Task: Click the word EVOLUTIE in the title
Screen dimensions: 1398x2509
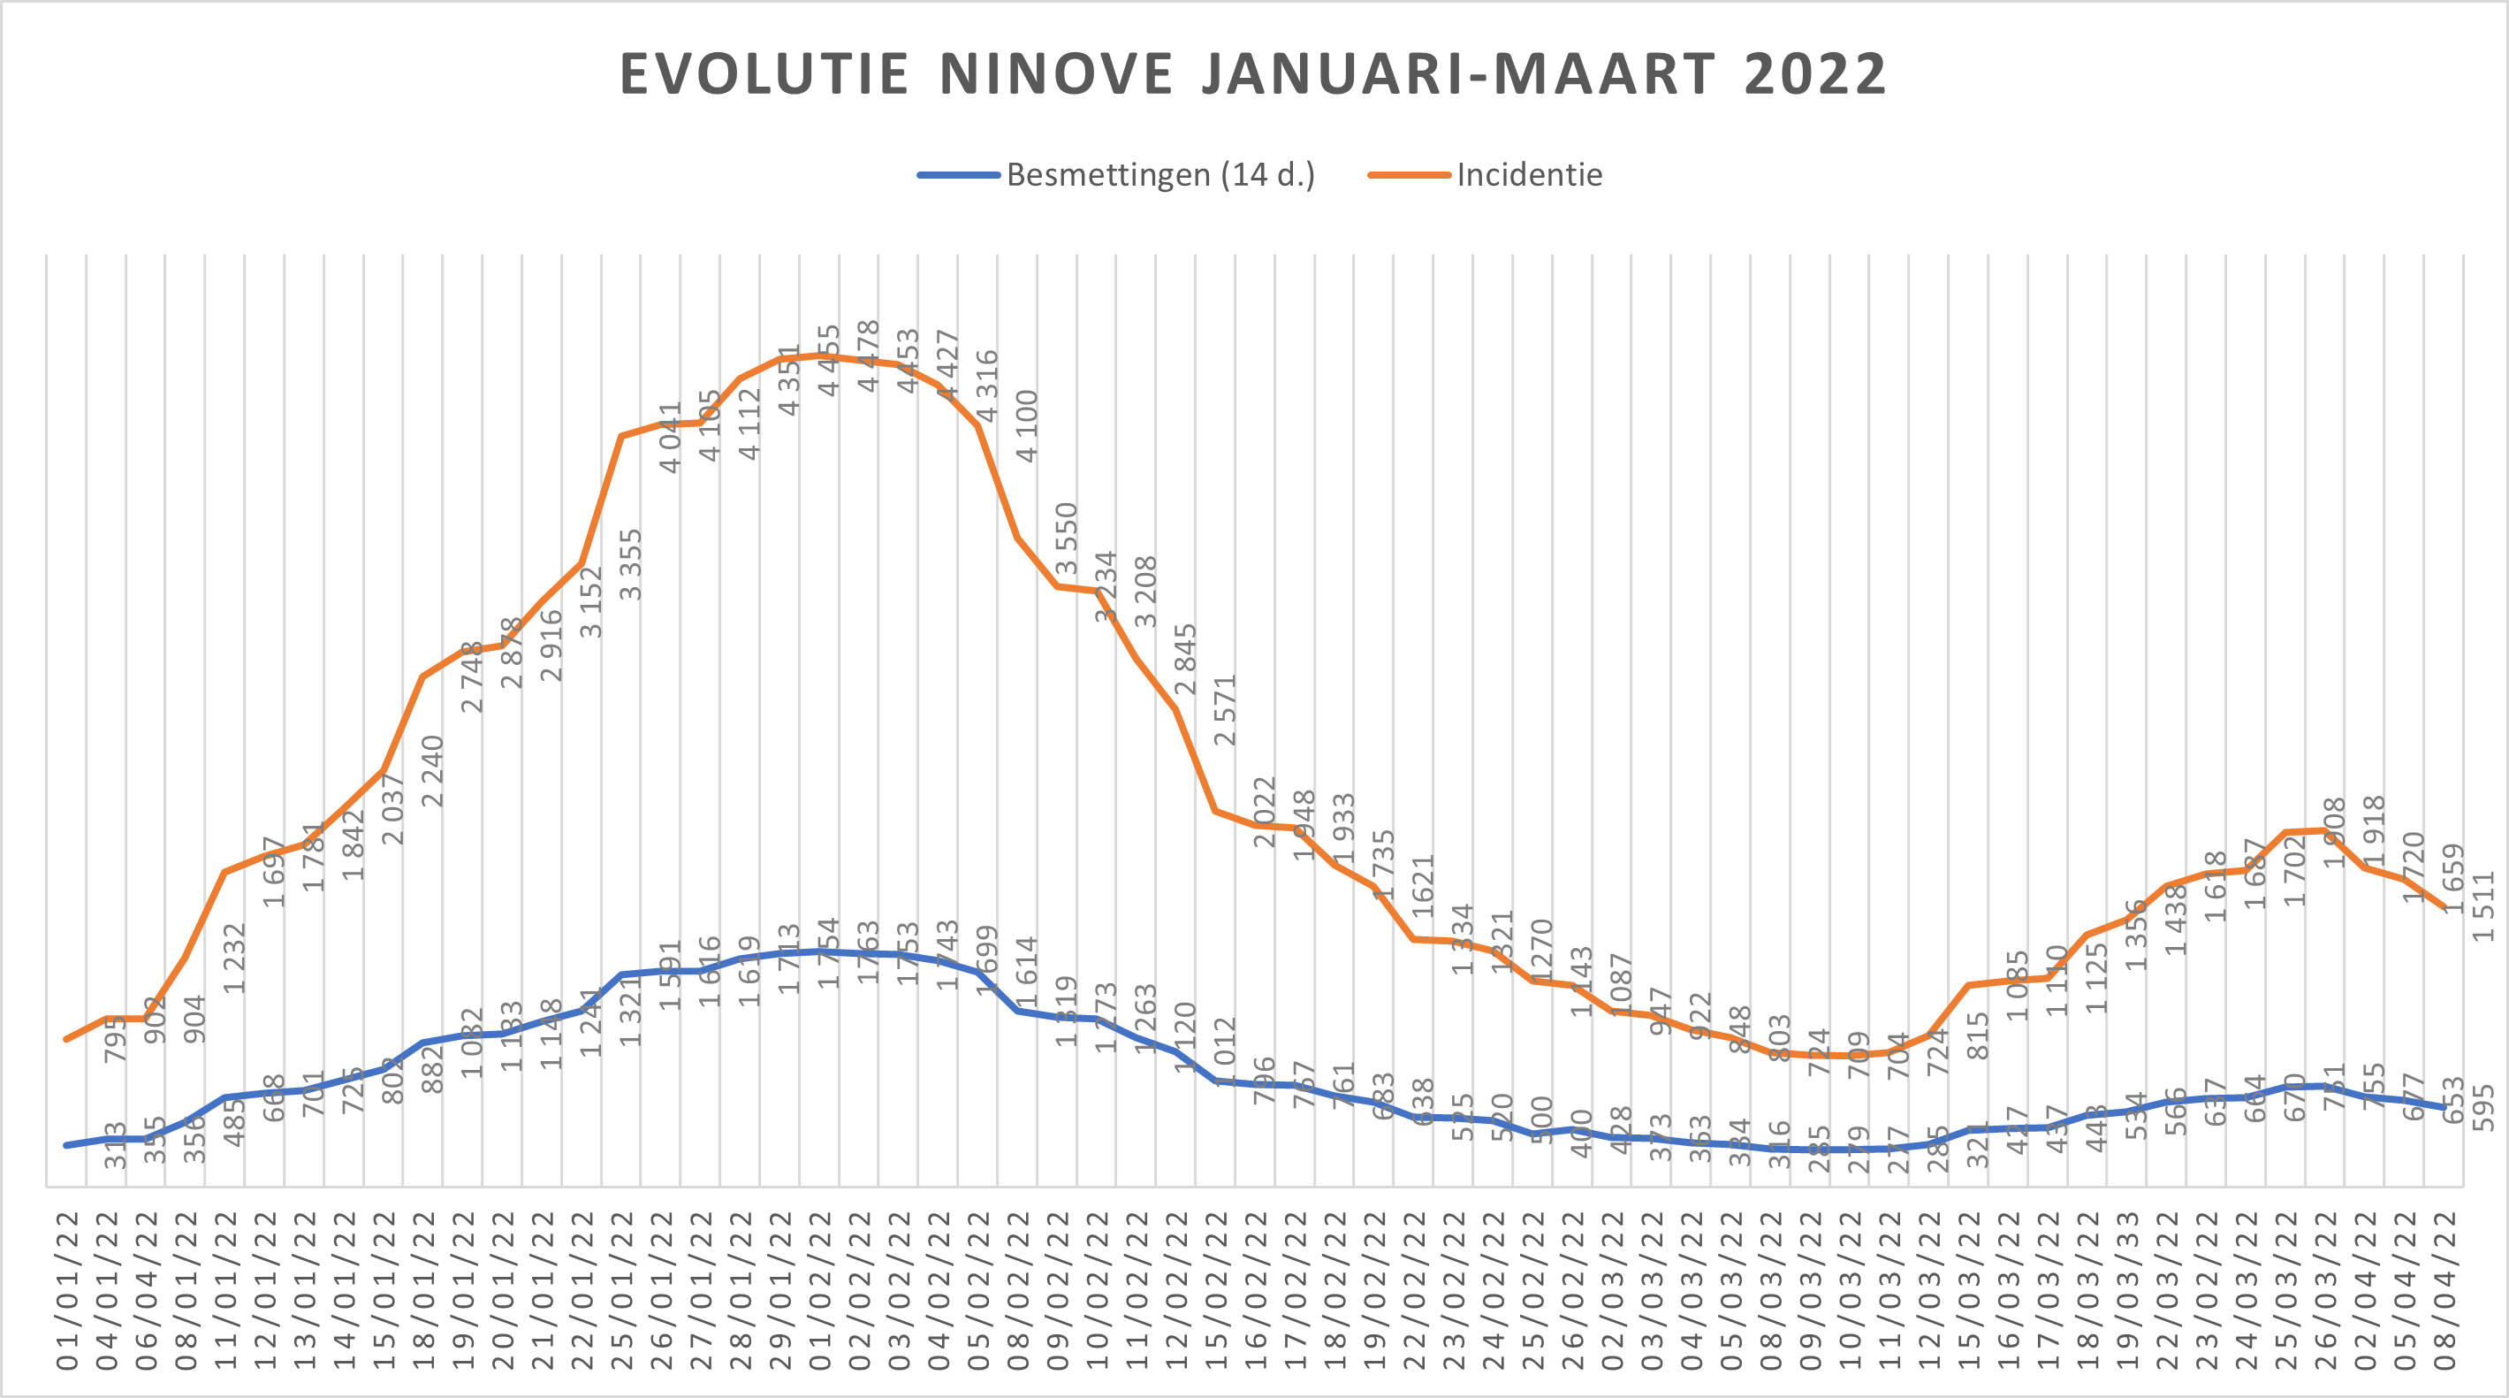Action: click(x=764, y=74)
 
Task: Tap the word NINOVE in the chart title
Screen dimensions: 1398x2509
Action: click(x=1056, y=74)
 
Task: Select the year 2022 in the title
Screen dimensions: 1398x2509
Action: click(x=1815, y=74)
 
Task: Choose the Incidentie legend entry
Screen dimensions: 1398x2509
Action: click(x=1529, y=175)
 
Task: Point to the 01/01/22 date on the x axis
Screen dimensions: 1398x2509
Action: click(x=67, y=1290)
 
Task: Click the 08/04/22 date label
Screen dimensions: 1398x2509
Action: click(x=2444, y=1290)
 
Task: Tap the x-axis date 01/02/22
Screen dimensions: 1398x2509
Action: click(x=820, y=1290)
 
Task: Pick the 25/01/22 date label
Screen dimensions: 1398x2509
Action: click(x=621, y=1290)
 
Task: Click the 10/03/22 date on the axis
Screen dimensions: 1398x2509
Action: click(x=1851, y=1290)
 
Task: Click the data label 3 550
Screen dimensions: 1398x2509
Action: click(x=1067, y=538)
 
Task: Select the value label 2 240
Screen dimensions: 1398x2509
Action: click(x=432, y=770)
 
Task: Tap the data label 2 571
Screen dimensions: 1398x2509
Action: click(x=1225, y=709)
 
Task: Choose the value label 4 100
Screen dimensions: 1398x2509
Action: click(x=1027, y=425)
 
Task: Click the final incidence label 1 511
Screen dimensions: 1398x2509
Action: click(x=2484, y=906)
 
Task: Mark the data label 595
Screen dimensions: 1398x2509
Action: click(x=2484, y=1108)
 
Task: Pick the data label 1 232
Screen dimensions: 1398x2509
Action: click(x=234, y=958)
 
